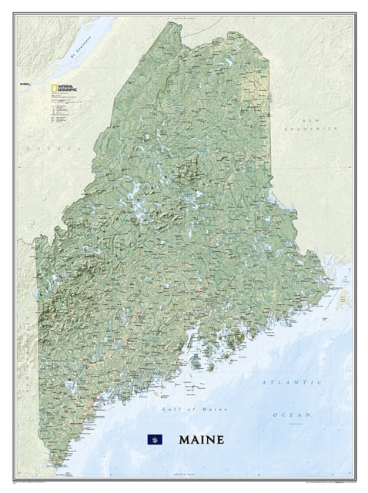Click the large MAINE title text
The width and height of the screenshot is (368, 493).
[x=202, y=441]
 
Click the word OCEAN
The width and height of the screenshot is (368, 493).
[x=296, y=414]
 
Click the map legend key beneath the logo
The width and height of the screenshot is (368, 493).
[x=52, y=112]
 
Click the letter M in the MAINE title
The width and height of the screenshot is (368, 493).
[x=184, y=441]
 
